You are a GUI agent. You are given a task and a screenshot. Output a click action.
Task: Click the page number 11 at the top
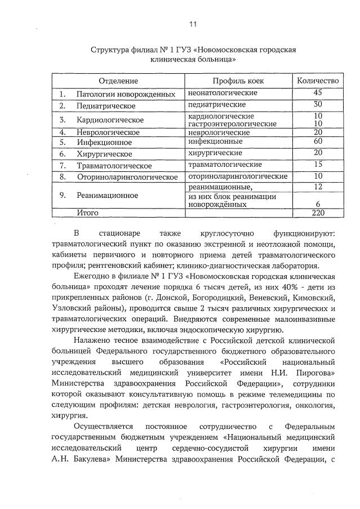(x=193, y=24)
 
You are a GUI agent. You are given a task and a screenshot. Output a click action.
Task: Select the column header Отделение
(x=118, y=81)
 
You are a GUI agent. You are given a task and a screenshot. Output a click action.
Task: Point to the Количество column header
(x=318, y=81)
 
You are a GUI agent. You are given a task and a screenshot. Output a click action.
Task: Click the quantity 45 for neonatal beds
(x=318, y=92)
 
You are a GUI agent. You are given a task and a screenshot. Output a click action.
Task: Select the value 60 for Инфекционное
(x=318, y=141)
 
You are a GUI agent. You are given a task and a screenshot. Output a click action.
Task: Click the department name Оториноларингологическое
(x=127, y=177)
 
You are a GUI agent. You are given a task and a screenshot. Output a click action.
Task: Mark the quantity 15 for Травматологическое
(x=318, y=164)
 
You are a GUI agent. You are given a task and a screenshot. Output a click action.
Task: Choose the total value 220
(x=318, y=213)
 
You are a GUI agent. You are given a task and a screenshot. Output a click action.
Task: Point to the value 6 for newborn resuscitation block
(x=318, y=204)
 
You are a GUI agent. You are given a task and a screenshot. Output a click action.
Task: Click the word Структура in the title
(x=110, y=50)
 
